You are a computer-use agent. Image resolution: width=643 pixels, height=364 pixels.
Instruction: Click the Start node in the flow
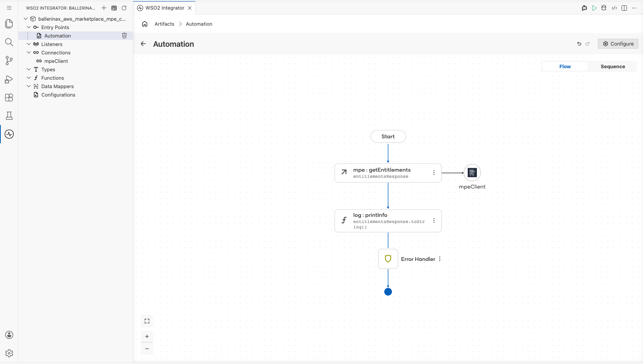[x=388, y=136]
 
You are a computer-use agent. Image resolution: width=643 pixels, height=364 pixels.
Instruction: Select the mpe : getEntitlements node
[x=388, y=173]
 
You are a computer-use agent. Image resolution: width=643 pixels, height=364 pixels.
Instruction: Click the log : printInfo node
[x=388, y=221]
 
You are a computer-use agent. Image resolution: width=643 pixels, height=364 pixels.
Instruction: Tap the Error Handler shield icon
[x=388, y=259]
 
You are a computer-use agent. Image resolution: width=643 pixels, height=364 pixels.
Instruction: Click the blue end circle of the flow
[x=388, y=292]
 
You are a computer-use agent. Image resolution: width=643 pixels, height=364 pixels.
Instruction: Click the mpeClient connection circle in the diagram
[x=472, y=173]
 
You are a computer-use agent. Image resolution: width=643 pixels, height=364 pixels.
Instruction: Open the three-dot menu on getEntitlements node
[x=434, y=173]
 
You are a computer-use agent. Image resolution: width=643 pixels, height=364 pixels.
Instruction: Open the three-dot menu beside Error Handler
[x=440, y=259]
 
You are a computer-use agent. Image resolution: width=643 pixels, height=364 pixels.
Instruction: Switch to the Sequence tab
[x=612, y=66]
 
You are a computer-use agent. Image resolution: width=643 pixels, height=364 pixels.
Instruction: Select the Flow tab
[x=565, y=66]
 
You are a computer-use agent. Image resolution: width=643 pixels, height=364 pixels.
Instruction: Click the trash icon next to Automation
[x=124, y=36]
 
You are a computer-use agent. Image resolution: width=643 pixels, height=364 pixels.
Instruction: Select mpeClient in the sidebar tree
[x=56, y=61]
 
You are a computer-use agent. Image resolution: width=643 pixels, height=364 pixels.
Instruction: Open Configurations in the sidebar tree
[x=58, y=95]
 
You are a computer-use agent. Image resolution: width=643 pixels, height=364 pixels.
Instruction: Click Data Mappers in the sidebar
[x=57, y=87]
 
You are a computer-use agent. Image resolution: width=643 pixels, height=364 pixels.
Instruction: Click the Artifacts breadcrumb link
[x=165, y=24]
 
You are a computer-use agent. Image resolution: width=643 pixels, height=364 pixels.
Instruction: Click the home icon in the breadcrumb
[x=145, y=24]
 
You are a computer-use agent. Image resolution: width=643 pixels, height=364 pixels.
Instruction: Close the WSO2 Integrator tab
[x=190, y=8]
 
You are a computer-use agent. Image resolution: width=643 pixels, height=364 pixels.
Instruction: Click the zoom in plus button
[x=147, y=336]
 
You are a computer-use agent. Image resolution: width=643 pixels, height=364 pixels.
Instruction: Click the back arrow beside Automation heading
[x=143, y=44]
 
